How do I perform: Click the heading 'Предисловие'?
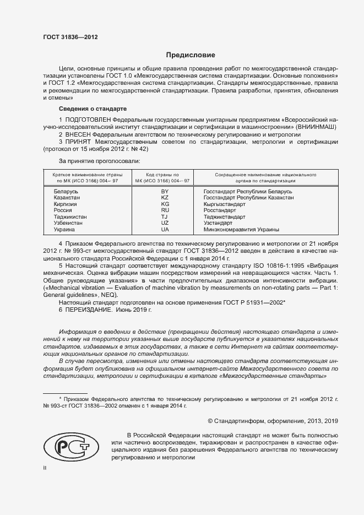coord(191,55)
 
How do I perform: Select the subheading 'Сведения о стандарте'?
coord(93,109)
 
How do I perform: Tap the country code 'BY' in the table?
coord(165,191)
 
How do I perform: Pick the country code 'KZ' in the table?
coord(165,197)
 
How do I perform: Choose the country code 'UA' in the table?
coord(165,229)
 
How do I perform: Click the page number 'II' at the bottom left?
coord(45,468)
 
